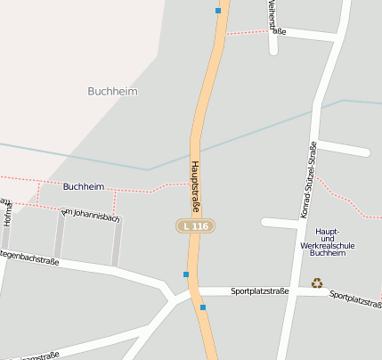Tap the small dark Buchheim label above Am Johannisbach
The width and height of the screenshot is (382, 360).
[84, 186]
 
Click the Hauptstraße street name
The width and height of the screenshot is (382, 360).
[196, 183]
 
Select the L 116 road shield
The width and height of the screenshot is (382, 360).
[193, 226]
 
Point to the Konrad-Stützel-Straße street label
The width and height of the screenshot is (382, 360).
[308, 181]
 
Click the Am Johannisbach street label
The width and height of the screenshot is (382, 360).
[90, 215]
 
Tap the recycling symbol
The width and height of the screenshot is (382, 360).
[317, 282]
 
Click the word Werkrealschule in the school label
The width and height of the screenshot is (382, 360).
[328, 245]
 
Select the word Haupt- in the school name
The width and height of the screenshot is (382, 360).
[328, 231]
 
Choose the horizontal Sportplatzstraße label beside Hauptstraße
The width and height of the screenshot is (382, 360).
[259, 291]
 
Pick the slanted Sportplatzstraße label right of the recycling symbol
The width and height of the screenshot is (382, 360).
[354, 299]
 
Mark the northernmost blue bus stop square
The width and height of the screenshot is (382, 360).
[217, 11]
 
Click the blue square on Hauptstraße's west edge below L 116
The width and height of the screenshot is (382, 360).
[186, 274]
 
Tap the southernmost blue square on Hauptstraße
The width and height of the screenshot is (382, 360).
[203, 307]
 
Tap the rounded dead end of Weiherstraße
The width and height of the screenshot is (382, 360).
[273, 51]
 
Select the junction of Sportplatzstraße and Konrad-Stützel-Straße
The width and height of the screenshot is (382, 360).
[291, 291]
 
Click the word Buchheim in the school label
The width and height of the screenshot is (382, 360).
[328, 253]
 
